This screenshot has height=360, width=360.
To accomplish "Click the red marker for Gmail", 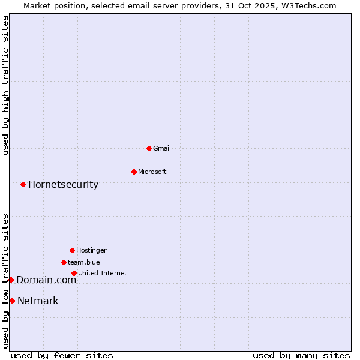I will (x=149, y=148).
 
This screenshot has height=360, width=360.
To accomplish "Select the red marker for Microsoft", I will (x=134, y=172).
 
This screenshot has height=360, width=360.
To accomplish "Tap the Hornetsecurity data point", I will (x=23, y=184).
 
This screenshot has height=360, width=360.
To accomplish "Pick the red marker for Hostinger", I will (x=72, y=250).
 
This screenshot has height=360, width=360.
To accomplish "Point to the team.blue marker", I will (x=64, y=262).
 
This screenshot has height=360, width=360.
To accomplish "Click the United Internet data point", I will (x=74, y=273).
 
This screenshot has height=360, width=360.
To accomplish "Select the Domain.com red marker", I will (x=11, y=280).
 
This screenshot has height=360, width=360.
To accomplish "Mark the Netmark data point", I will (x=12, y=301).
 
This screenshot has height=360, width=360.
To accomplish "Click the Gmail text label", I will (x=162, y=148).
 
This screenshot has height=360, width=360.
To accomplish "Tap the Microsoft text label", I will (x=152, y=172).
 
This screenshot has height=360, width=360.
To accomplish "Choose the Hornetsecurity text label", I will (x=63, y=184).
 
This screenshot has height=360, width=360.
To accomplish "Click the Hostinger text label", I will (x=91, y=250).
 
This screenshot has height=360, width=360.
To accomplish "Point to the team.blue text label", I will (x=84, y=262).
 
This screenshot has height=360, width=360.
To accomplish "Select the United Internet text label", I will (x=102, y=273).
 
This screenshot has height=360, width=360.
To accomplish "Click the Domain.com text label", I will (x=46, y=280).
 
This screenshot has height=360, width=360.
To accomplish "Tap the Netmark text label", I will (x=38, y=301).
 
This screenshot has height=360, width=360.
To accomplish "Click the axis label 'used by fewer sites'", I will (x=62, y=355).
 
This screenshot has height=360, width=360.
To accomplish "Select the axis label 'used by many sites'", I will (x=301, y=355).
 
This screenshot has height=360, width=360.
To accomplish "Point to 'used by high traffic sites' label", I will (x=5, y=85).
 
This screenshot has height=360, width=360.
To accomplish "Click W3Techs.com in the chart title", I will (x=307, y=5).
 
